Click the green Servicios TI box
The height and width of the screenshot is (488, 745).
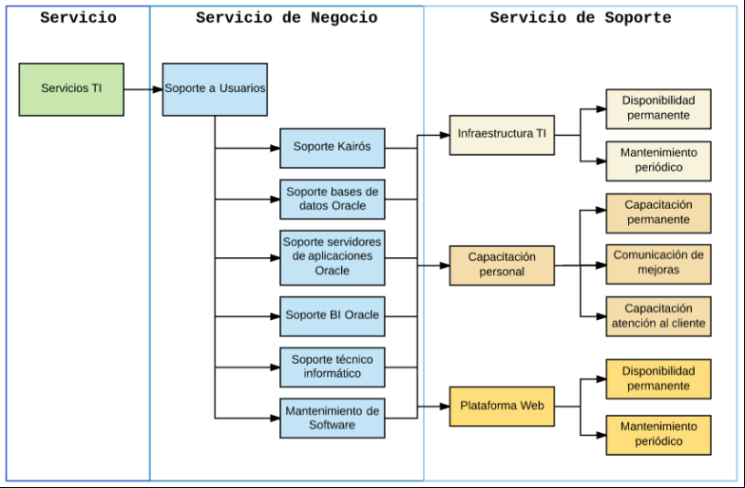[x=71, y=89]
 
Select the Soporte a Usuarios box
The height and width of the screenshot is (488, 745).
[x=215, y=89]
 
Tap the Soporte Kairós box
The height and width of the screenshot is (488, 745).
[x=333, y=148]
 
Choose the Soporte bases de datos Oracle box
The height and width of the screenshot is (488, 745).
[x=333, y=199]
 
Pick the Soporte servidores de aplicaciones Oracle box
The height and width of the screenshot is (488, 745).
[x=333, y=258]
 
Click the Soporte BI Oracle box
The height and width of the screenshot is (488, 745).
[x=333, y=316]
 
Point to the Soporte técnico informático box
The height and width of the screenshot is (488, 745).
[x=333, y=366]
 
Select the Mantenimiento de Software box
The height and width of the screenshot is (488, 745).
[x=333, y=418]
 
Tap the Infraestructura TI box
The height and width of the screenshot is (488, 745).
[x=502, y=135]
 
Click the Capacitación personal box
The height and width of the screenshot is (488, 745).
[x=502, y=266]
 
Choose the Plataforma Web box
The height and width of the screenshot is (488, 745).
[x=502, y=406]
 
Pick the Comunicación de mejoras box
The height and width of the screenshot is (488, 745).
[x=659, y=264]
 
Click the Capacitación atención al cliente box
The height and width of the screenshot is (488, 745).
[x=659, y=316]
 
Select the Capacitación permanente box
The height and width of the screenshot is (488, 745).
[x=659, y=213]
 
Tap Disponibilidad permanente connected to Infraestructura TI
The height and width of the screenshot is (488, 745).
[x=659, y=108]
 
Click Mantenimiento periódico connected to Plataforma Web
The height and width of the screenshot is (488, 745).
[x=659, y=435]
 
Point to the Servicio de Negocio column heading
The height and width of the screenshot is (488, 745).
[x=287, y=17]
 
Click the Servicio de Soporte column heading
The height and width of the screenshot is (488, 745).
[x=581, y=17]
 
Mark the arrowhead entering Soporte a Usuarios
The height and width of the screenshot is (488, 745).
[x=158, y=89]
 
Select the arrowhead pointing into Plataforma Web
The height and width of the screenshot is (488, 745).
[x=445, y=406]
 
